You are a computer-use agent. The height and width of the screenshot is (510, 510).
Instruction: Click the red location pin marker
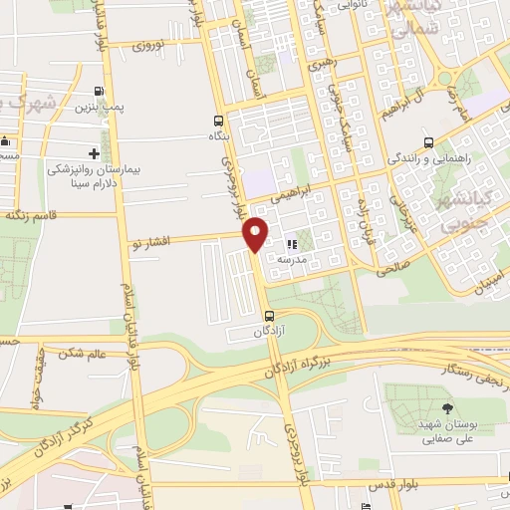tap(257, 234)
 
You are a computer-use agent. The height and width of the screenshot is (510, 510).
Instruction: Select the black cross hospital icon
tap(94, 153)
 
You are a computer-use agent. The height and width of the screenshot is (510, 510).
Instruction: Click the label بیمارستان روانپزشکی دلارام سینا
tap(95, 177)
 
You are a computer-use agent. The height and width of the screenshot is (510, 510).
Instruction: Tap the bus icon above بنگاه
tap(218, 119)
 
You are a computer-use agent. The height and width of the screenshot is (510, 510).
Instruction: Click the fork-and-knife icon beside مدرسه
tap(292, 243)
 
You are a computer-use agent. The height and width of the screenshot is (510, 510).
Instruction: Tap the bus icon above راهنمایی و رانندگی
tap(428, 142)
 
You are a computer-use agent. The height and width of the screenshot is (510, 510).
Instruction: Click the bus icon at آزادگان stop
tap(269, 316)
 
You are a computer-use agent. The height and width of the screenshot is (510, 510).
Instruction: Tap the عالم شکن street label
tap(83, 354)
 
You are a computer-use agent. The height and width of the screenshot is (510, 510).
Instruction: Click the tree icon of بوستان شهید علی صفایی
tap(445, 407)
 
